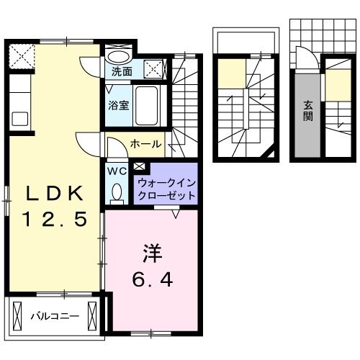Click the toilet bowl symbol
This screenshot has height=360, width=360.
[x=116, y=192]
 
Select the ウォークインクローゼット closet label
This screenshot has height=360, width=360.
[x=165, y=189]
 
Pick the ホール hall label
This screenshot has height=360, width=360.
[x=146, y=145]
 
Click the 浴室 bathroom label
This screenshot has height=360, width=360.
[x=118, y=105]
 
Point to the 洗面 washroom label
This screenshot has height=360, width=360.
[x=122, y=72]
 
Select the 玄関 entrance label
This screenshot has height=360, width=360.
[x=307, y=111]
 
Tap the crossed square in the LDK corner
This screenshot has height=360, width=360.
[x=21, y=54]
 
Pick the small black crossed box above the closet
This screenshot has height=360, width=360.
[x=138, y=168]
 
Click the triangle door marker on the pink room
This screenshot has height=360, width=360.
[x=176, y=212]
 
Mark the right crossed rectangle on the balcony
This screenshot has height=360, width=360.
[x=93, y=315]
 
